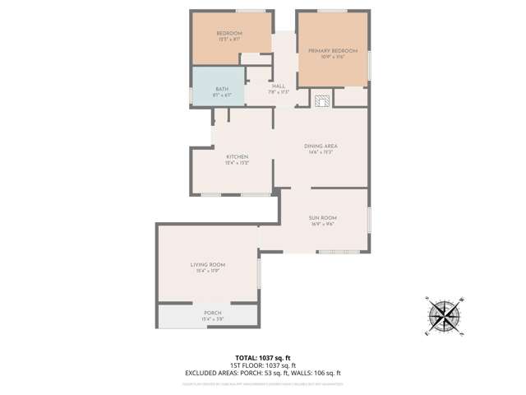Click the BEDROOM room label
click(x=229, y=33)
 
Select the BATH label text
click(x=222, y=89)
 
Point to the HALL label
click(x=279, y=86)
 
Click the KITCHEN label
click(x=238, y=156)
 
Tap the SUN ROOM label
click(x=324, y=217)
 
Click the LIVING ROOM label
click(x=208, y=264)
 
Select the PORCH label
click(x=213, y=313)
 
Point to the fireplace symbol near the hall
click(x=321, y=100)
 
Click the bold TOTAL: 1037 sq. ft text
click(x=262, y=356)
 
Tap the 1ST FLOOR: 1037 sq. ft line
click(x=262, y=365)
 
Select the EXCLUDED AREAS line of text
click(x=262, y=373)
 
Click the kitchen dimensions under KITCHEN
click(x=238, y=163)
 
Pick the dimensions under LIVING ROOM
click(x=208, y=271)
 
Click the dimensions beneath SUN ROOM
click(x=324, y=224)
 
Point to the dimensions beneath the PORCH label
click(x=213, y=318)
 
